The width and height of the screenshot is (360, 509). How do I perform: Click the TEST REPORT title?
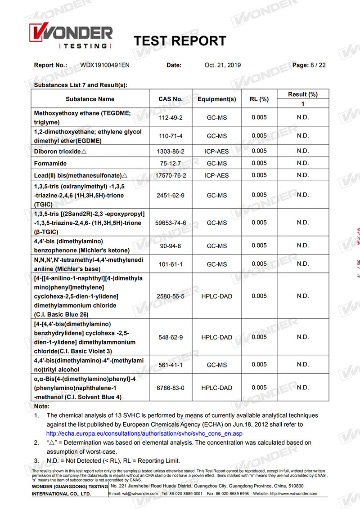180,41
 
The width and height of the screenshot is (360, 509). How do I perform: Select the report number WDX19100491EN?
105,65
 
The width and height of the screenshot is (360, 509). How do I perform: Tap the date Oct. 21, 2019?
222,65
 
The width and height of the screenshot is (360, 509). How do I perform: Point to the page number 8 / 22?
318,65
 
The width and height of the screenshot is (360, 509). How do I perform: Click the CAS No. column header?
171,99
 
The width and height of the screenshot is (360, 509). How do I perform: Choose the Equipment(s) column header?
216,99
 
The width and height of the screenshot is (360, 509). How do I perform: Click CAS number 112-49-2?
171,118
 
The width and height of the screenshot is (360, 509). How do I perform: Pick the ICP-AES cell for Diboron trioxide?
216,151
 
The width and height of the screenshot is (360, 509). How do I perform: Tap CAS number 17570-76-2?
171,175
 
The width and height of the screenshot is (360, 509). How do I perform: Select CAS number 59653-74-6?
171,223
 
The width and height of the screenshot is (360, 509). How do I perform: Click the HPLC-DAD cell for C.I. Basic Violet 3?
216,337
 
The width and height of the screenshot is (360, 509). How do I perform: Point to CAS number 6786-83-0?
171,388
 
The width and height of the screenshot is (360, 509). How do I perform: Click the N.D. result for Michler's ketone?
303,246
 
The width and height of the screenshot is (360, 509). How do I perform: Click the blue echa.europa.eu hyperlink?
144,433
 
